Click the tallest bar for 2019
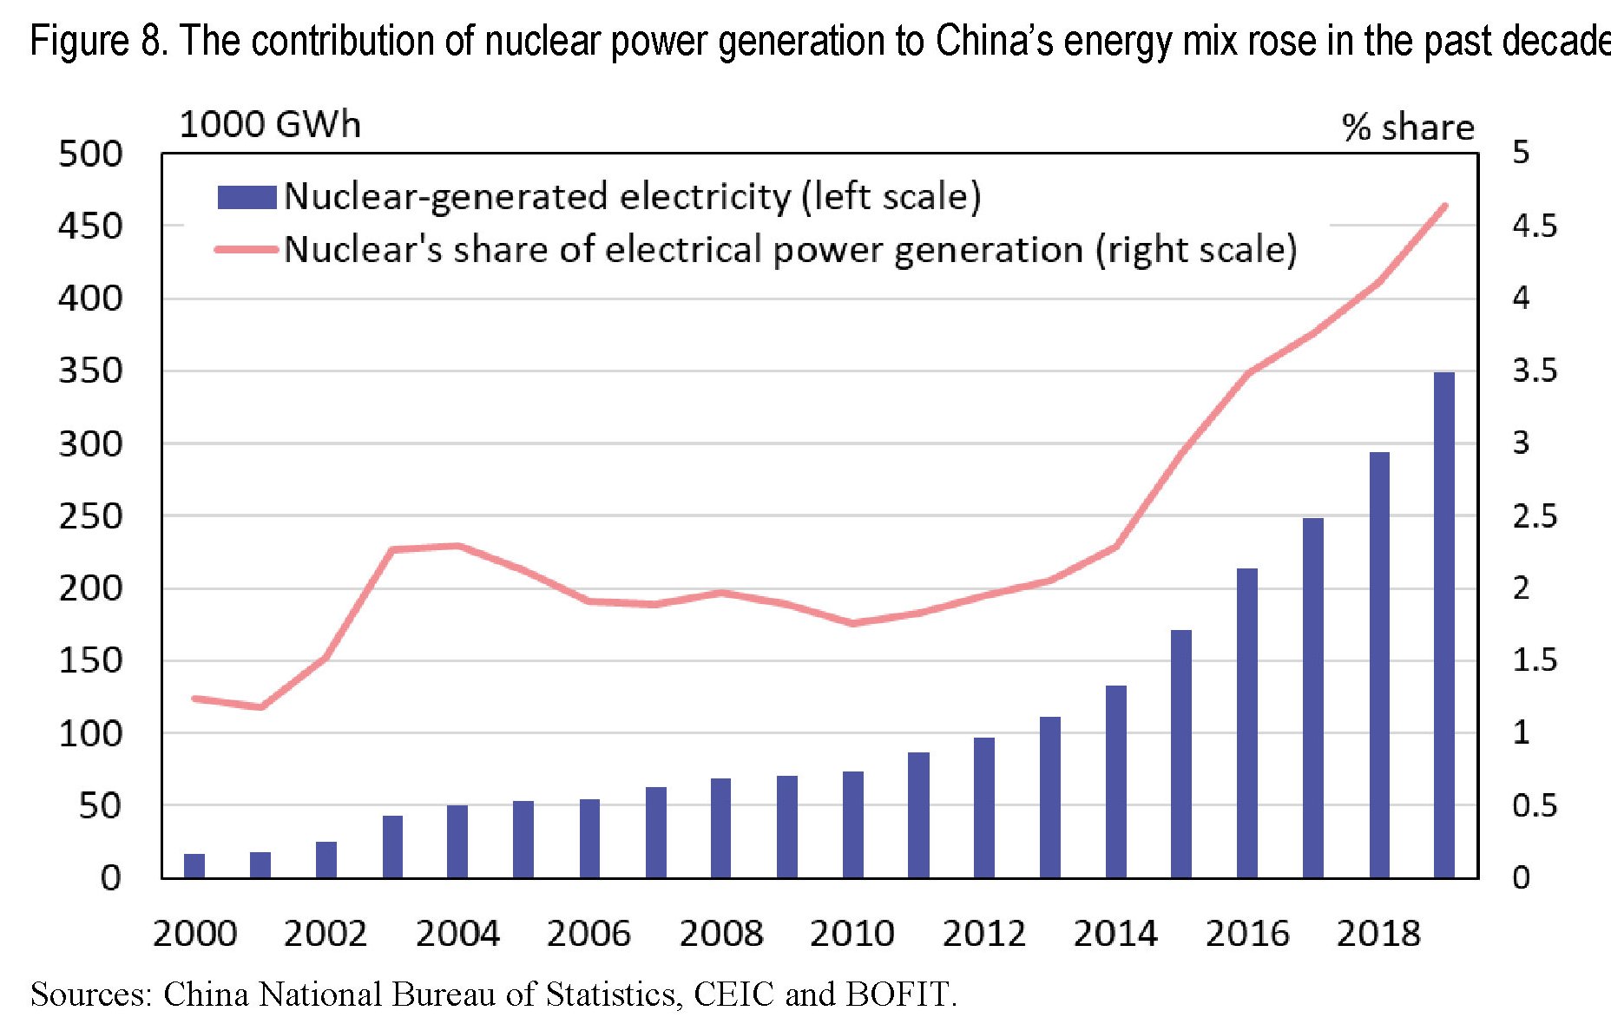(1443, 625)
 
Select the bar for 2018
(1379, 665)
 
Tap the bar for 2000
(194, 865)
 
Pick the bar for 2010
(852, 824)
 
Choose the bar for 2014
(1115, 781)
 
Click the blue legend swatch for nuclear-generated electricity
(247, 197)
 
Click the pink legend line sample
(247, 250)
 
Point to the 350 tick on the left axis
(90, 371)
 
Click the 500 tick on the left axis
(90, 154)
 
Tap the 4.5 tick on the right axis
(1535, 226)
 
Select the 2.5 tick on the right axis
(1535, 516)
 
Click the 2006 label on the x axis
(589, 934)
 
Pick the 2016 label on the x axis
(1247, 934)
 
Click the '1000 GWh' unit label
(269, 125)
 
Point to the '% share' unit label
(1407, 128)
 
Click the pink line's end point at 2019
(1444, 207)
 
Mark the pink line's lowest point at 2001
(260, 707)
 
